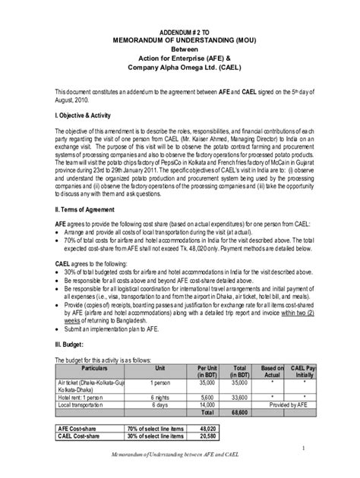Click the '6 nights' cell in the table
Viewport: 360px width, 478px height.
point(160,396)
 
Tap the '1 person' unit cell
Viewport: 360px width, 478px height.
point(160,383)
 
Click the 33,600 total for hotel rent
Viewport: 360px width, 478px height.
point(240,396)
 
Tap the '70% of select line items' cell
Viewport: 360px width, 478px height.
point(156,428)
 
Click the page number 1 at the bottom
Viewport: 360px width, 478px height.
point(302,448)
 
